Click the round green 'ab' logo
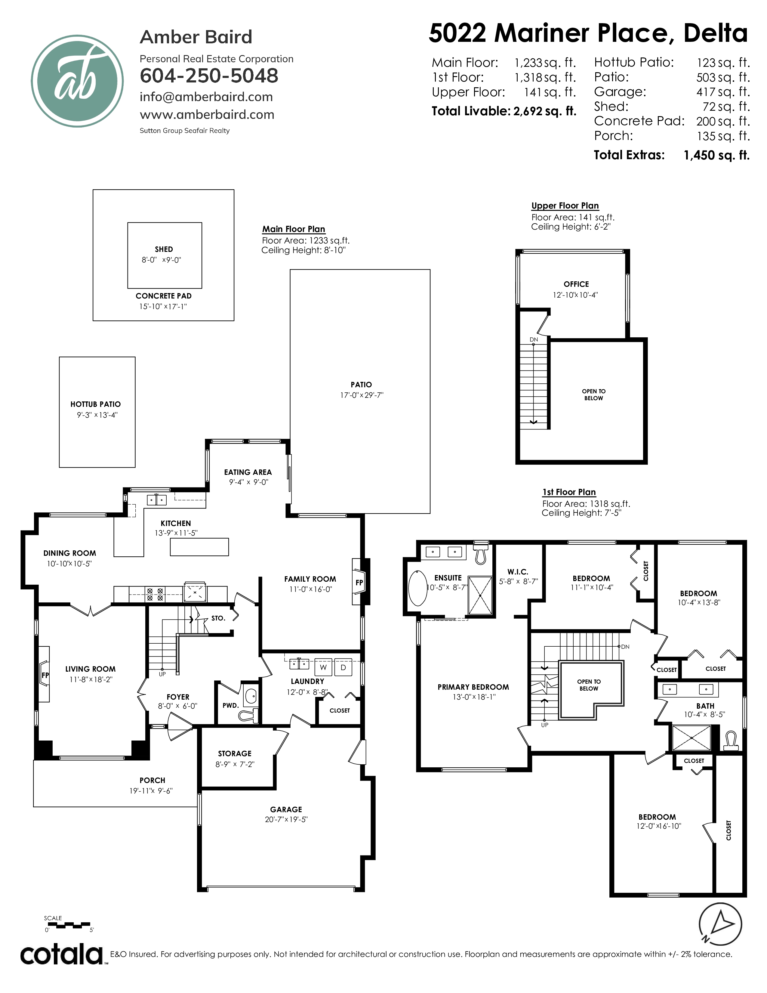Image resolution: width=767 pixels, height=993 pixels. pyautogui.click(x=77, y=81)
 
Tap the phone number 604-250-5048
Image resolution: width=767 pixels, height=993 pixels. pyautogui.click(x=209, y=76)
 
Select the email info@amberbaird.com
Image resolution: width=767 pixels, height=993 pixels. pyautogui.click(x=206, y=97)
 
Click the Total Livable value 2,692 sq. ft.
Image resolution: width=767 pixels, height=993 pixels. pyautogui.click(x=545, y=111)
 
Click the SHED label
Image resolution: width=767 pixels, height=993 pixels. pyautogui.click(x=164, y=249)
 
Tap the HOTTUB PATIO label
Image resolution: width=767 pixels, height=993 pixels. pyautogui.click(x=95, y=404)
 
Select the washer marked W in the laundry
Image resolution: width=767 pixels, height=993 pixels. pyautogui.click(x=323, y=667)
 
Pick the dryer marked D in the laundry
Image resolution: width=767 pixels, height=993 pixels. pyautogui.click(x=343, y=667)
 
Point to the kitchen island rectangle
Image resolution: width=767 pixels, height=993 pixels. pyautogui.click(x=199, y=547)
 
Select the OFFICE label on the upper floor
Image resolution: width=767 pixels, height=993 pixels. pyautogui.click(x=576, y=284)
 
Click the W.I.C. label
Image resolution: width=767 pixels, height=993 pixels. pyautogui.click(x=518, y=572)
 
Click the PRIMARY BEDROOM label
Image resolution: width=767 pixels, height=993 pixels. pyautogui.click(x=473, y=687)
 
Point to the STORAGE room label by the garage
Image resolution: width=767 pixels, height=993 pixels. pyautogui.click(x=235, y=753)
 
